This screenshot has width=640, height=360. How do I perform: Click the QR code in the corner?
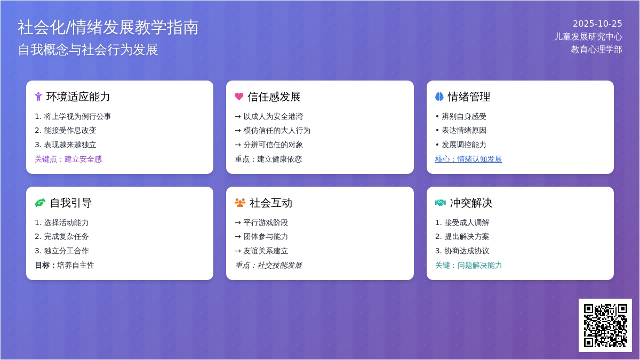[605, 325]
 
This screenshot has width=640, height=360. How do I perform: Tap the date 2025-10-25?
[597, 23]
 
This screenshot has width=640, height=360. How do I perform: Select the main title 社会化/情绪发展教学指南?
[108, 27]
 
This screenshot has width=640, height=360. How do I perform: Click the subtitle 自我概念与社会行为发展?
[88, 50]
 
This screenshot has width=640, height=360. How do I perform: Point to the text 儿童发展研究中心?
[588, 36]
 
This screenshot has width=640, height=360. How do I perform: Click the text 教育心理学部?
[596, 49]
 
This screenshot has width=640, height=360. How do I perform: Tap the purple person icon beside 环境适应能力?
[38, 97]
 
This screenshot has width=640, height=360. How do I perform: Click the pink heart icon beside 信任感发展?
[239, 97]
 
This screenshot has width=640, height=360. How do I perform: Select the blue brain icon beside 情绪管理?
[439, 97]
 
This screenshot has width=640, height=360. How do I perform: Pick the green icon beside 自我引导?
[40, 203]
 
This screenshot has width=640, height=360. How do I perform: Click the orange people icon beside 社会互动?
[240, 203]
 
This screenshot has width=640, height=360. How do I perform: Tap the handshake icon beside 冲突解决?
[440, 203]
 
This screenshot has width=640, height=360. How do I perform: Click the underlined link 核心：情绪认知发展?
[468, 159]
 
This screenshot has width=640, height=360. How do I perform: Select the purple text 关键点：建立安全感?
[68, 159]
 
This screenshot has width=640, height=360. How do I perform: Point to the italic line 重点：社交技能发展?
[268, 265]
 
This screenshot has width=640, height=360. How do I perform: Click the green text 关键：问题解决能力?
[468, 265]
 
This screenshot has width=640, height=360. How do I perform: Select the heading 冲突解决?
[471, 203]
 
